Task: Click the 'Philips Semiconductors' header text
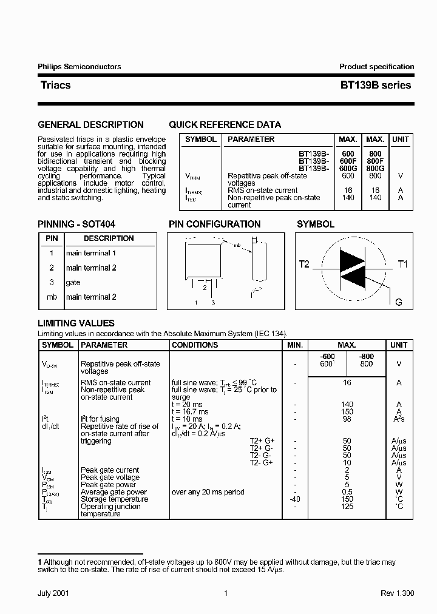pyautogui.click(x=80, y=67)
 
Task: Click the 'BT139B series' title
pyautogui.click(x=376, y=86)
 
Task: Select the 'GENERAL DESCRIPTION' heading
pyautogui.click(x=91, y=125)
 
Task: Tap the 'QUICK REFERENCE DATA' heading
pyautogui.click(x=225, y=125)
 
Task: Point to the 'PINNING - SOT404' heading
pyautogui.click(x=76, y=224)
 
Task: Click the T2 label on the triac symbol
pyautogui.click(x=304, y=264)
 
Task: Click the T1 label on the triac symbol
pyautogui.click(x=403, y=264)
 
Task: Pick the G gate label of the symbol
pyautogui.click(x=399, y=302)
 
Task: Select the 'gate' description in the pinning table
pyautogui.click(x=73, y=282)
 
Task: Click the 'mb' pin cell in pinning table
pyautogui.click(x=52, y=297)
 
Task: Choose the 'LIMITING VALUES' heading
pyautogui.click(x=76, y=323)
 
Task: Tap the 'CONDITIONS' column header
pyautogui.click(x=195, y=345)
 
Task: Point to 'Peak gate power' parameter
pyautogui.click(x=108, y=485)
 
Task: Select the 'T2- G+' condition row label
pyautogui.click(x=262, y=462)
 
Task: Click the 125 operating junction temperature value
pyautogui.click(x=347, y=507)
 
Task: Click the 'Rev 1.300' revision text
pyautogui.click(x=397, y=594)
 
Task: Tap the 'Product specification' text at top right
pyautogui.click(x=376, y=67)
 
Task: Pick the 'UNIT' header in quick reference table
pyautogui.click(x=400, y=140)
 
